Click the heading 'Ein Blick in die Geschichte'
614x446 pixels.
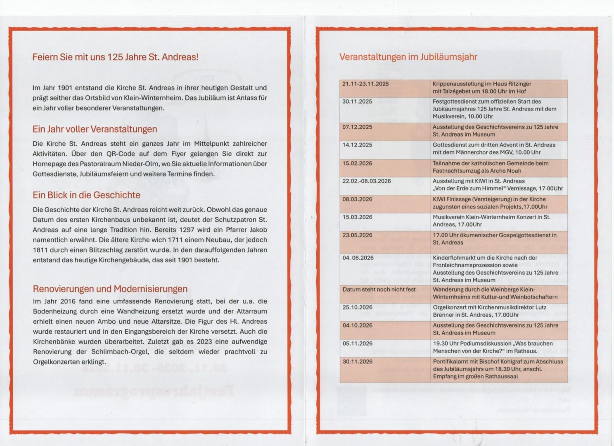(x=86, y=195)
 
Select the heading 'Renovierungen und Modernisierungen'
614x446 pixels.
(x=110, y=289)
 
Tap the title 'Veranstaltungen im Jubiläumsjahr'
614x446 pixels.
(x=408, y=57)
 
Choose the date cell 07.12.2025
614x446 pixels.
(x=357, y=127)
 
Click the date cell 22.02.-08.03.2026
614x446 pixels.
(x=367, y=181)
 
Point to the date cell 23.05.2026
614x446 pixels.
(x=358, y=235)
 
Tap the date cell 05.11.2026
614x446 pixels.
(x=358, y=343)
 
